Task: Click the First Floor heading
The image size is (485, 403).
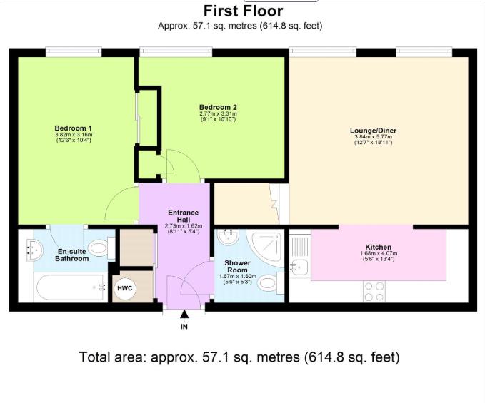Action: [243, 11]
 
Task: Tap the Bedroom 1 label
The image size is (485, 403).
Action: [74, 128]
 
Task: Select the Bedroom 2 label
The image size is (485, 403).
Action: [218, 108]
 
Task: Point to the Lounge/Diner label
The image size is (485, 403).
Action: [373, 131]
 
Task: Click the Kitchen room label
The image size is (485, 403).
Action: [379, 247]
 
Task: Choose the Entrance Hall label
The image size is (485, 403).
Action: [184, 216]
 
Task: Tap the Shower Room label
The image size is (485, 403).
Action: [237, 267]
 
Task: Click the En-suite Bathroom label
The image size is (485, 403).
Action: [71, 255]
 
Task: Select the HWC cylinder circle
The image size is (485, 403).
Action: [125, 288]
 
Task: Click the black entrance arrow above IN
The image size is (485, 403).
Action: [184, 315]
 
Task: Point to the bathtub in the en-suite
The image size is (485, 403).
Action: [70, 287]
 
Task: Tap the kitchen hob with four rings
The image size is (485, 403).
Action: [374, 291]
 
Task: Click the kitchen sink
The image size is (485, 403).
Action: [299, 267]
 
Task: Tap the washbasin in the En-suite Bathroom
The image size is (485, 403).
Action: [34, 249]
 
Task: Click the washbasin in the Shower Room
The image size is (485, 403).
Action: [228, 236]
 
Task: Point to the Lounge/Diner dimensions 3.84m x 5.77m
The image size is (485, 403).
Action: [373, 137]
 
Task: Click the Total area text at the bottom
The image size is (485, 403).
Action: [240, 357]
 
